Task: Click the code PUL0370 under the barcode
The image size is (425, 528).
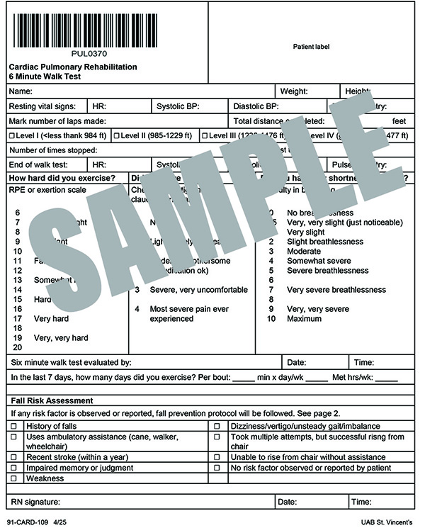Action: [x=90, y=53]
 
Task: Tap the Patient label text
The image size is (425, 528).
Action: [x=311, y=47]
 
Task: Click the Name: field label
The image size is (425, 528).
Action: [x=21, y=91]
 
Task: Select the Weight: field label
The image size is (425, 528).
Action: [x=293, y=91]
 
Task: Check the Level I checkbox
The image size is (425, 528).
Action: [x=11, y=135]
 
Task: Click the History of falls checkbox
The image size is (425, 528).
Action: [x=13, y=426]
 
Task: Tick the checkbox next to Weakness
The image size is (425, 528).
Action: [x=13, y=478]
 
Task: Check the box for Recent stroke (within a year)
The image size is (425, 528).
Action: [x=13, y=457]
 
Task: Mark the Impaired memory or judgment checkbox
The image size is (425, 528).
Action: [x=13, y=468]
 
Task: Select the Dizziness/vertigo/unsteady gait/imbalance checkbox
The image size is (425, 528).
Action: [x=217, y=426]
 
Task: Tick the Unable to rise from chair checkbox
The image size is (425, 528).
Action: [x=217, y=457]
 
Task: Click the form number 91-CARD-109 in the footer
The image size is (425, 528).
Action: [x=28, y=522]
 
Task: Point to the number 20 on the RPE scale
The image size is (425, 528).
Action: [x=18, y=347]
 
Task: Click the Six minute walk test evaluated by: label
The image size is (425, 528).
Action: [x=71, y=362]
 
